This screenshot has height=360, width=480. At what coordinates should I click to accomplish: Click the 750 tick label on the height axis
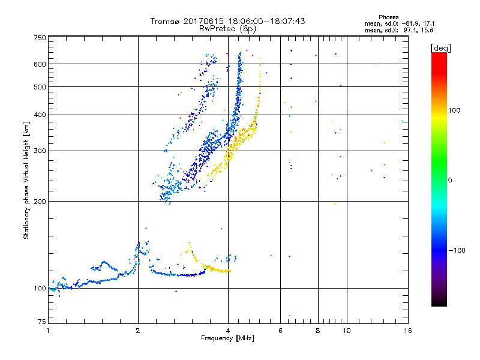pyautogui.click(x=40, y=37)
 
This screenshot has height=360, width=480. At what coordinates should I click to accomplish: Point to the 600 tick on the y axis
pyautogui.click(x=40, y=64)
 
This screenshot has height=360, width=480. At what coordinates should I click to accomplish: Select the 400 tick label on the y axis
pyautogui.click(x=40, y=115)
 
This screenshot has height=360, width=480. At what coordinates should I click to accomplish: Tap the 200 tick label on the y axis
pyautogui.click(x=40, y=201)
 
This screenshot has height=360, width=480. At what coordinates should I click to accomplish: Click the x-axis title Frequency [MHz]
pyautogui.click(x=228, y=338)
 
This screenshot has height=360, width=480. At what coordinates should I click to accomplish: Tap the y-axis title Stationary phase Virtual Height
pyautogui.click(x=26, y=180)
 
